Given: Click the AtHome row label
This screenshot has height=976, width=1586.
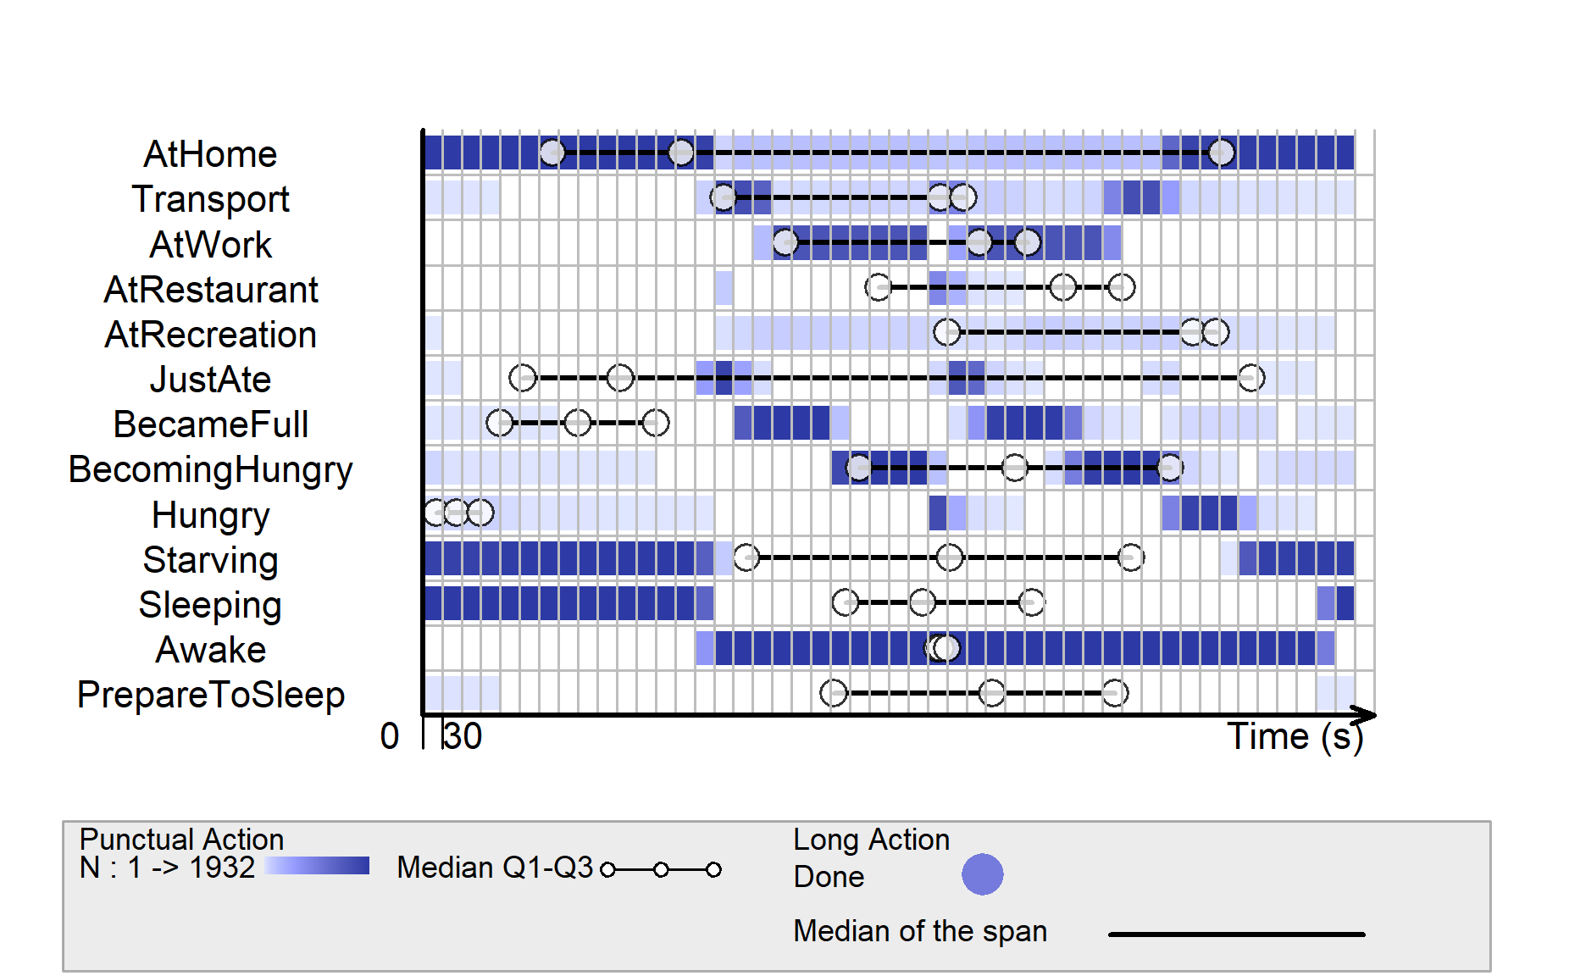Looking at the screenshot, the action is (x=210, y=154).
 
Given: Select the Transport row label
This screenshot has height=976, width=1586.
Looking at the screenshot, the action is (x=210, y=199).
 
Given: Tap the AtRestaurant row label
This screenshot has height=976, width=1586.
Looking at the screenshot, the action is (x=210, y=290).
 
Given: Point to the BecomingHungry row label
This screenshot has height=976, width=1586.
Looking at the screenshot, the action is (x=210, y=470).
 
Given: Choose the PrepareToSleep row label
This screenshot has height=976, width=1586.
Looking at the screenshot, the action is (x=210, y=695).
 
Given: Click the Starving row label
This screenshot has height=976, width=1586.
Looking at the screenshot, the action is (x=210, y=560).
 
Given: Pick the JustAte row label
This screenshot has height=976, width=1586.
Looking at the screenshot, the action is (x=210, y=380).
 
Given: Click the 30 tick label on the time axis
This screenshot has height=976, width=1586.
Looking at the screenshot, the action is (x=463, y=736).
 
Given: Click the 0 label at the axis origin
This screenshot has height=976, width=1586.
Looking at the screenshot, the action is (x=389, y=736).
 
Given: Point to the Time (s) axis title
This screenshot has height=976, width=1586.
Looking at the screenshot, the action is (x=1295, y=736).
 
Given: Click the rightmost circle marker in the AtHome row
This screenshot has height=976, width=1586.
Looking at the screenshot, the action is (x=1221, y=152).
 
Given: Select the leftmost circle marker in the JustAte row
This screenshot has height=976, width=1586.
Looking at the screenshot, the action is (x=523, y=378).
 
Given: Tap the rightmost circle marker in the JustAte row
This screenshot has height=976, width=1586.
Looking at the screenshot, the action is (x=1251, y=378).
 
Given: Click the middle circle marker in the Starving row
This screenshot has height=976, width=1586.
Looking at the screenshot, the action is (x=950, y=557).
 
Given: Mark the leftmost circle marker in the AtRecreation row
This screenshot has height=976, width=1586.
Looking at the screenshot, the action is (x=947, y=332).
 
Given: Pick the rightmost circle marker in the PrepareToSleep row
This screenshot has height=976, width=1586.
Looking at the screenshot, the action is (x=1115, y=693).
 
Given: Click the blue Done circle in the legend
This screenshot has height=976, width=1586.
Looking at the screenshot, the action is (x=983, y=874).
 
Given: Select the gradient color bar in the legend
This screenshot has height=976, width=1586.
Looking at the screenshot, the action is (x=317, y=866).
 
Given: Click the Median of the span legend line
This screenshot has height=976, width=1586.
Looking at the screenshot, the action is (x=1237, y=934).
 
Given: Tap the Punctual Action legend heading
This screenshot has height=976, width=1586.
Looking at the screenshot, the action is (x=181, y=840).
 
